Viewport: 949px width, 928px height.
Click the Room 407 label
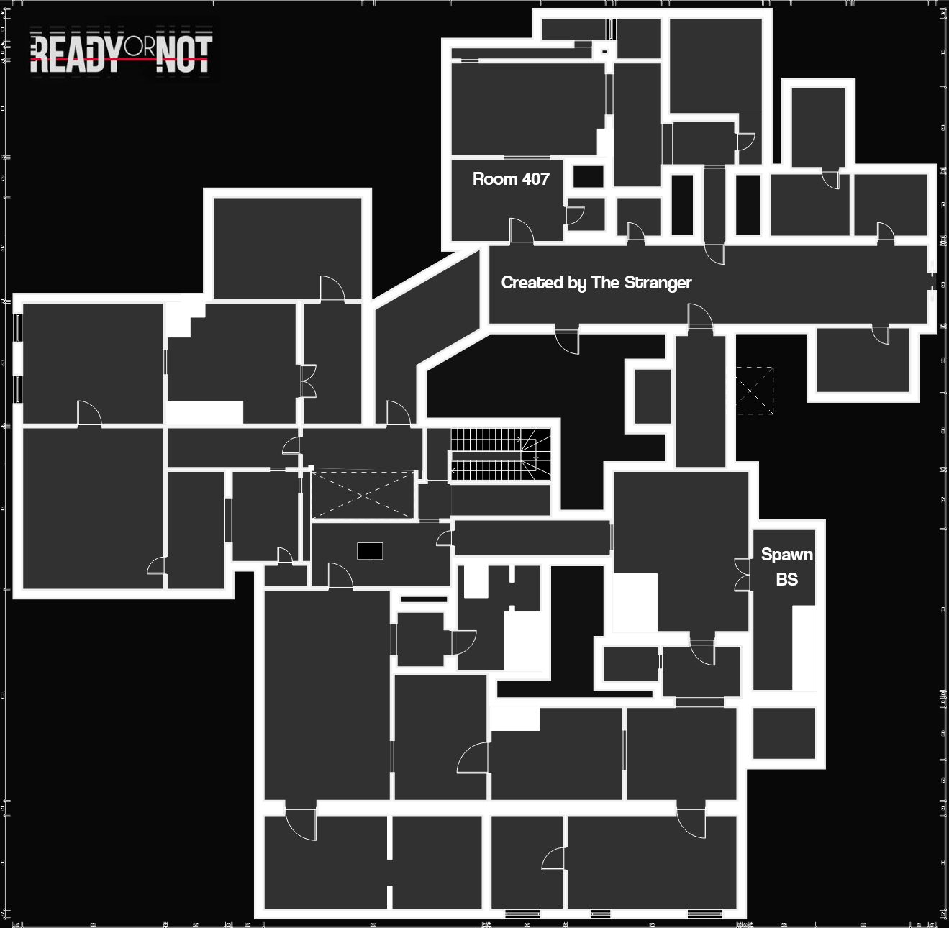point(511,179)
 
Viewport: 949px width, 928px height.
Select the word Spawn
point(786,555)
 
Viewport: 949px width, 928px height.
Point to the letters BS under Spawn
point(786,579)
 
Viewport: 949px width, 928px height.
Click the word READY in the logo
point(76,55)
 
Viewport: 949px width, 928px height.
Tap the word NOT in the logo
point(184,55)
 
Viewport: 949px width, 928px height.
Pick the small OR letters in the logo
point(139,47)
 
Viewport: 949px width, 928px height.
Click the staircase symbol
point(500,455)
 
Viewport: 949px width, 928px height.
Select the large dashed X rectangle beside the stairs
point(363,494)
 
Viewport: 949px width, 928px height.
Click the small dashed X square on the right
point(755,391)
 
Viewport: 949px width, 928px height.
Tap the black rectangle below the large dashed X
point(370,551)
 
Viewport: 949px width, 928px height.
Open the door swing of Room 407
point(522,229)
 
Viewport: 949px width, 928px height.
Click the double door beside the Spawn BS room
point(742,575)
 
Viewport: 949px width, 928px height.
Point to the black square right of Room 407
point(588,176)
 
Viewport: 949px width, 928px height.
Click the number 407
point(535,179)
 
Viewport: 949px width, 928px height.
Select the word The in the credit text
point(605,282)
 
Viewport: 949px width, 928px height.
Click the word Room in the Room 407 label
point(495,179)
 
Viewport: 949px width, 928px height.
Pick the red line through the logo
point(120,60)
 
